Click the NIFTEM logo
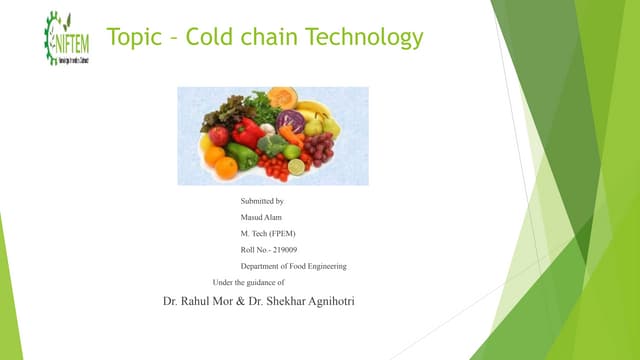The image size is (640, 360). point(66,38)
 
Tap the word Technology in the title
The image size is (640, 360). point(364,38)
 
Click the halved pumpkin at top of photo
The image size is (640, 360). point(282,97)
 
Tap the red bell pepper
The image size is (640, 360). point(247,131)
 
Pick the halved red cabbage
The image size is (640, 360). point(291,122)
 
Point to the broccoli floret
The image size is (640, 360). point(271,144)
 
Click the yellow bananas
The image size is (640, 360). point(315,109)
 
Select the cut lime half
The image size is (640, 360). point(296,167)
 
